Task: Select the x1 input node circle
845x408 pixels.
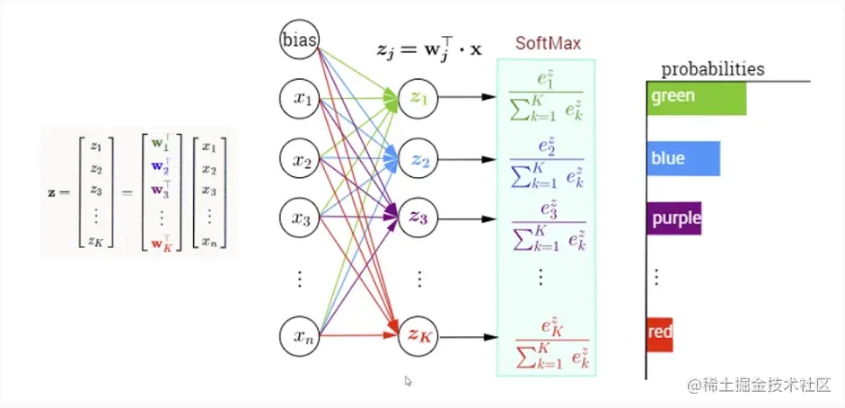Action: click(x=300, y=102)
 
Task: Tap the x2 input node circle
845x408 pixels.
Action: click(x=300, y=161)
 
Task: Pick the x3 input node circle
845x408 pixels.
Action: click(x=300, y=218)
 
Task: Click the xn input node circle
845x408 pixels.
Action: click(x=300, y=336)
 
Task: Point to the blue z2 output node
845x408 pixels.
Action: click(x=418, y=161)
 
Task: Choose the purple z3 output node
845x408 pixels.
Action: click(x=418, y=218)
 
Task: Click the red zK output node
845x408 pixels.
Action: click(x=418, y=337)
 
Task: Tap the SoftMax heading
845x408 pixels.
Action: click(x=548, y=43)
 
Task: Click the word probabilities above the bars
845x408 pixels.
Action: click(x=713, y=69)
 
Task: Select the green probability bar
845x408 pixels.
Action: click(x=697, y=97)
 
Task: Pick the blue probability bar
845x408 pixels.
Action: click(x=683, y=158)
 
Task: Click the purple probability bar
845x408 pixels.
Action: click(x=674, y=218)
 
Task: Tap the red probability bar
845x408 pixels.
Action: click(x=660, y=333)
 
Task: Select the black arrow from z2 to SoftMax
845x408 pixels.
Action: click(x=467, y=161)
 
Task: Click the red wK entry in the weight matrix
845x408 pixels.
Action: click(x=159, y=240)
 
